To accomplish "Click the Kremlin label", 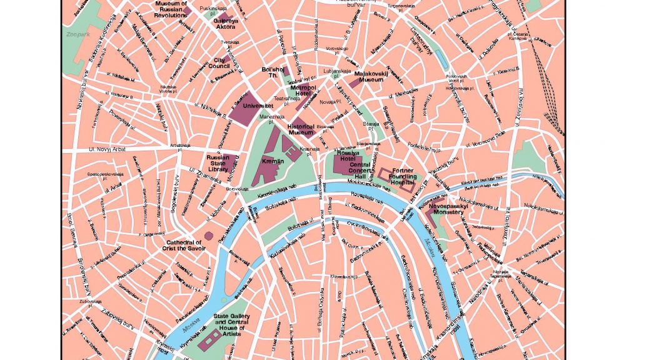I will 273,161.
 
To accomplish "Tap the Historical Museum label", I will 301,129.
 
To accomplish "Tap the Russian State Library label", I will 218,163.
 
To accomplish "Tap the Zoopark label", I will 79,35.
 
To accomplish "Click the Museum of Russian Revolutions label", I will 171,9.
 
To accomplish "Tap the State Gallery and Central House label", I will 231,325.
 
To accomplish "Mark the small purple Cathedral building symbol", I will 209,236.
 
